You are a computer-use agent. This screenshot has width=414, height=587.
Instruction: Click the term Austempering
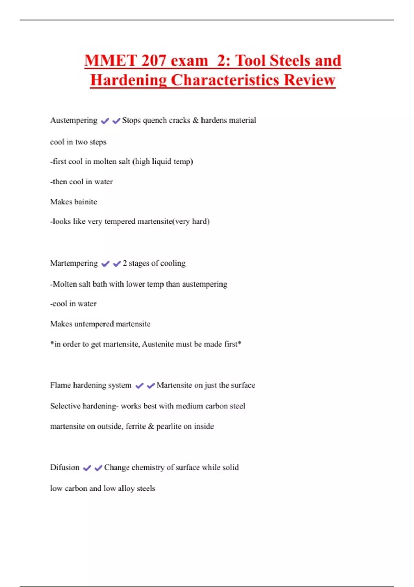click(73, 121)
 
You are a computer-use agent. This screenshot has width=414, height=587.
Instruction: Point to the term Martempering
click(74, 263)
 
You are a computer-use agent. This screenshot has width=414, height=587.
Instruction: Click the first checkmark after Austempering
click(105, 121)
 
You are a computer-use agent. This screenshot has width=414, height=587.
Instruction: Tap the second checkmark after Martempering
click(117, 264)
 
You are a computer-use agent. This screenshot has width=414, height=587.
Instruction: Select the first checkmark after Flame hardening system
click(139, 386)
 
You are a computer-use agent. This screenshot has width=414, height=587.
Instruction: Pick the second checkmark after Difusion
click(98, 468)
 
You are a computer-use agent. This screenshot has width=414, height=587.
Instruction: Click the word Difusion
click(65, 468)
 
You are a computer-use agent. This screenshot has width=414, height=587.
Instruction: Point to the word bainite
click(86, 202)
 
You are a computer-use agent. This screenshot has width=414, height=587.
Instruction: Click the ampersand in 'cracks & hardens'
click(196, 121)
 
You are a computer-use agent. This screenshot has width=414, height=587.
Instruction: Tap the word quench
click(153, 121)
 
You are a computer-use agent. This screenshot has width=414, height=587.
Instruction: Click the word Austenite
click(158, 344)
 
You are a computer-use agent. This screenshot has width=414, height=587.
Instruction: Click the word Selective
click(65, 406)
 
